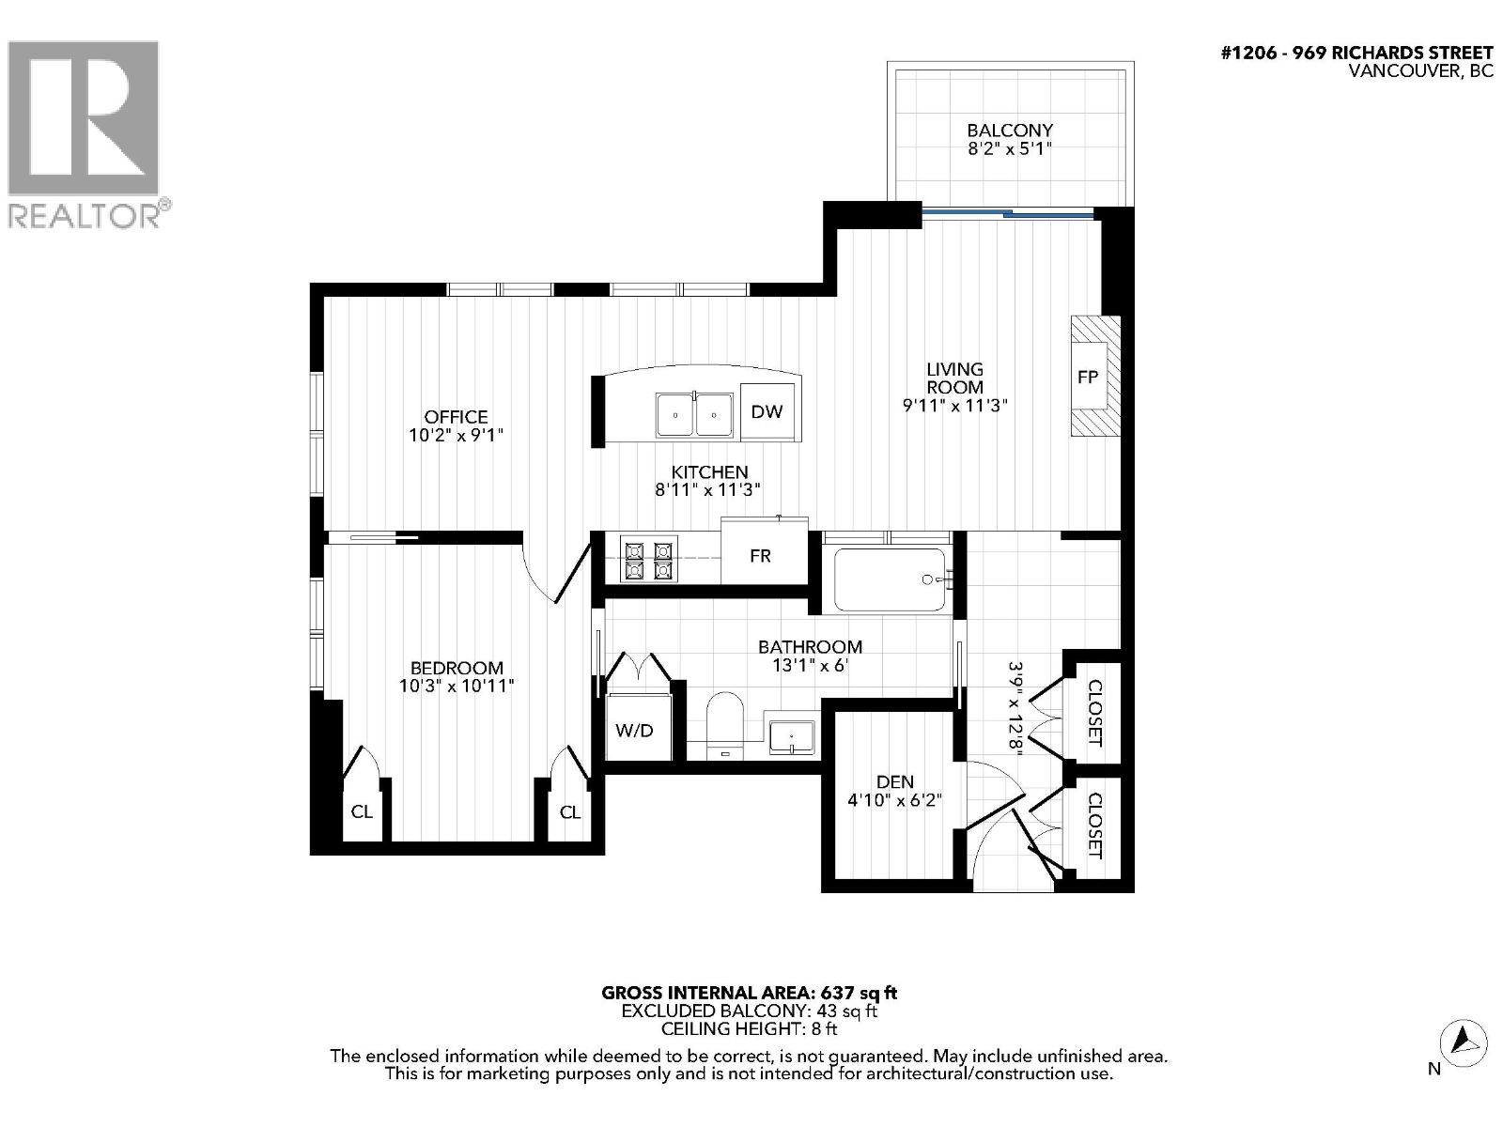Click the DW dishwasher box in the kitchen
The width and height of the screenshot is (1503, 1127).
point(767,411)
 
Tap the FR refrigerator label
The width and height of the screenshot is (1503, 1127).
point(760,556)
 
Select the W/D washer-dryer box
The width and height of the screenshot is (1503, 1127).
point(634,730)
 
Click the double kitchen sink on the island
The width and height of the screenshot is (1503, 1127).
point(694,414)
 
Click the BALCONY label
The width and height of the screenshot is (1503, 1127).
point(1010,131)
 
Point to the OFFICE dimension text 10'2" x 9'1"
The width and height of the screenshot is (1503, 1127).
point(457,436)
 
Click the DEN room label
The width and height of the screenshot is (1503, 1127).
point(894,781)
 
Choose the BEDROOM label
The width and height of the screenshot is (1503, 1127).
point(457,668)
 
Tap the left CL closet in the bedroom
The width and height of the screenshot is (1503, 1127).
point(362,811)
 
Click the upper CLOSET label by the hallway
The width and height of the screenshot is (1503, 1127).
point(1094,712)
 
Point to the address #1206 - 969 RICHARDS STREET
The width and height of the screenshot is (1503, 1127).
point(1356,54)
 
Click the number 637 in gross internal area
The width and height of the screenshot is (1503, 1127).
point(838,993)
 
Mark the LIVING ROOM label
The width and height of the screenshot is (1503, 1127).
point(954,378)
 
